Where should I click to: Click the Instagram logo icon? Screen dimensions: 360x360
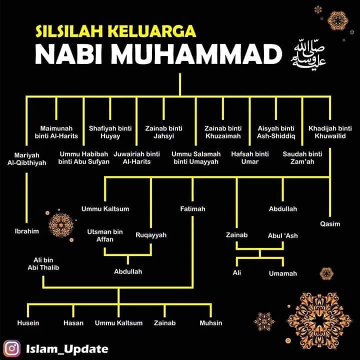coord(11,348)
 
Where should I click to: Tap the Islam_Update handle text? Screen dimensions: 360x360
coord(67,349)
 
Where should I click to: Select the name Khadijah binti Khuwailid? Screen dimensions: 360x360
coord(330,132)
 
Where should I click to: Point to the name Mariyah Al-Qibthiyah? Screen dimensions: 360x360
coord(26,159)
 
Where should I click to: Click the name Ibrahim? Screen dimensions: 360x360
coord(27,231)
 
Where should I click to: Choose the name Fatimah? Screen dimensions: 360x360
coord(192,208)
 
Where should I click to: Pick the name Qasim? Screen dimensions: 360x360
coord(330,224)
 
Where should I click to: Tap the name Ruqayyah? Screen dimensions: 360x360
coord(151,235)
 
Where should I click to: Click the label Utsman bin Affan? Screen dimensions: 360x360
coord(105,235)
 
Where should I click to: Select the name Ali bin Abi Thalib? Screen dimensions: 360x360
coord(43,264)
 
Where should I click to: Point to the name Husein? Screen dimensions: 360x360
coord(28,323)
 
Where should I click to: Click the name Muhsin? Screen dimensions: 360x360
coord(211,323)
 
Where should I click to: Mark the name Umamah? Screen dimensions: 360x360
coord(283,273)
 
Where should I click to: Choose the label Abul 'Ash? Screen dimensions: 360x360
coord(282,235)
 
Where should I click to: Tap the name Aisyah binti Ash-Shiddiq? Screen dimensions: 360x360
coord(276,132)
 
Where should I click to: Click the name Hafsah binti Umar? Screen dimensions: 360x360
coord(250,157)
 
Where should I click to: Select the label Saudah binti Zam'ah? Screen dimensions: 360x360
coord(302,157)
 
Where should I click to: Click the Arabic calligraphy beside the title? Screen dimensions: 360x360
coord(308,55)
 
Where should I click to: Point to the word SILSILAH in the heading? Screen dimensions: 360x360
coord(69,31)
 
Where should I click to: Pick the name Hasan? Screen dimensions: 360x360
coord(73,323)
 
